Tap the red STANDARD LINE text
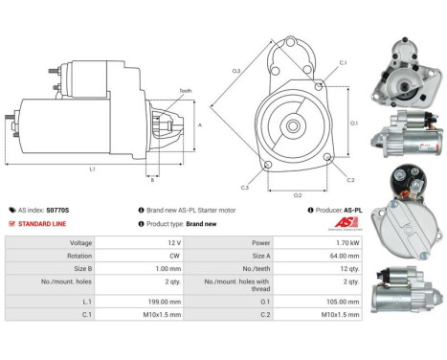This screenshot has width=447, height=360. (x=46, y=224)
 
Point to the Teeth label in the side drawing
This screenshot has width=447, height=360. (x=184, y=91)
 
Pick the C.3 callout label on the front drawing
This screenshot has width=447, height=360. (x=245, y=188)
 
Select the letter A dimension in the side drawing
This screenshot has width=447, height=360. (x=198, y=124)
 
